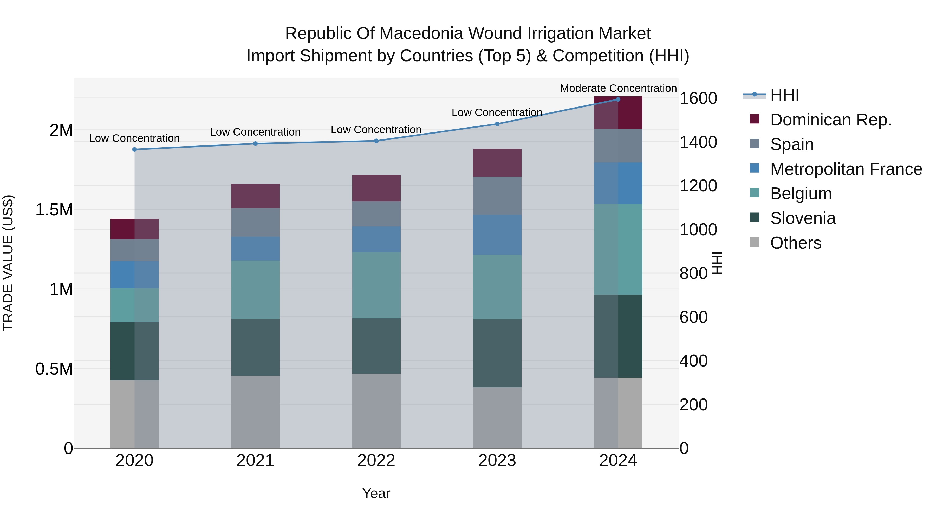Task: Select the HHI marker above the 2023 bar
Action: point(497,124)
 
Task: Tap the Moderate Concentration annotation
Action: point(618,88)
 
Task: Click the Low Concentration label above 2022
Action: point(376,130)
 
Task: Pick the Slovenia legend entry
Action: point(803,218)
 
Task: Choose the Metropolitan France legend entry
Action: point(846,169)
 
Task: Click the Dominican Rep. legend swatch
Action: point(754,119)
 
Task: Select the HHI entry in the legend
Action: point(784,95)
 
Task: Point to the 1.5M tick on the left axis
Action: point(54,210)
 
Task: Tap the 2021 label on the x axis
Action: point(255,461)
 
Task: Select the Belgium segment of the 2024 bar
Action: point(618,249)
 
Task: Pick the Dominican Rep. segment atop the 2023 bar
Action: point(497,163)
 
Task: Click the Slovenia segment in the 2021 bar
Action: point(255,347)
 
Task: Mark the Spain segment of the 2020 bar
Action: point(134,250)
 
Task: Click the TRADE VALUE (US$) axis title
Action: point(8,263)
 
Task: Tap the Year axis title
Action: point(376,493)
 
